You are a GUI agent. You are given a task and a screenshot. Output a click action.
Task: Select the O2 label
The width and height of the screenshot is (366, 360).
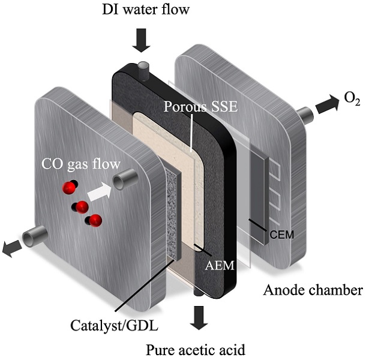coord(351,99)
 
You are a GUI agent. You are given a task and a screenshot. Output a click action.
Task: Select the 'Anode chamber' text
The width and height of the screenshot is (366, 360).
coord(313,291)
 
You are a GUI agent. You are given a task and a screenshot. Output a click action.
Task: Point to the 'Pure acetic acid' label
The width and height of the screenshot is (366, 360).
coord(197,348)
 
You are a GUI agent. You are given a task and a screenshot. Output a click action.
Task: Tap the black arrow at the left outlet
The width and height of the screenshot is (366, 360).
coord(10,248)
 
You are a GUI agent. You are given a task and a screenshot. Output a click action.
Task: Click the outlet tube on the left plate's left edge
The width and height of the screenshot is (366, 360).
coord(32,238)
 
